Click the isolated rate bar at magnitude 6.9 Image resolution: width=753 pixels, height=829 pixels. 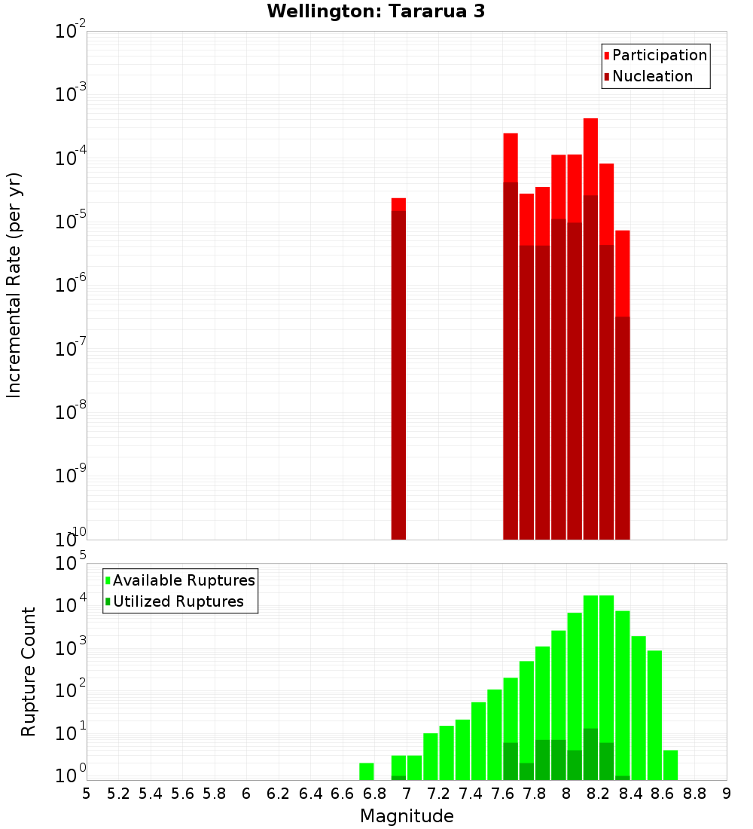398,369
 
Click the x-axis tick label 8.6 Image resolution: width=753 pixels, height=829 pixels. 662,793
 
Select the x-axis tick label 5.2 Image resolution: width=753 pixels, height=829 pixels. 118,793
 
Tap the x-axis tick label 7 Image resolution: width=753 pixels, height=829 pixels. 406,793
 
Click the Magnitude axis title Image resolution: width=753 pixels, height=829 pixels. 407,816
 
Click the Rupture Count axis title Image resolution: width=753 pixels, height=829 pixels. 29,671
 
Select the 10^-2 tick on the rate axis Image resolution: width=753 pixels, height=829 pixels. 70,32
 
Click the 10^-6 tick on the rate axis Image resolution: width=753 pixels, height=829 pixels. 70,285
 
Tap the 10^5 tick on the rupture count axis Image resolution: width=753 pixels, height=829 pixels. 70,563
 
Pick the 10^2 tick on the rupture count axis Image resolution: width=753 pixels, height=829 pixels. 70,690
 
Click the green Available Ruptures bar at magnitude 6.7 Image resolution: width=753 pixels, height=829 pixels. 367,772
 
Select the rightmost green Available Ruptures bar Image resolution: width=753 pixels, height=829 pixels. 670,765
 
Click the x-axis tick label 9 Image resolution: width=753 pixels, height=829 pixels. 726,793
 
